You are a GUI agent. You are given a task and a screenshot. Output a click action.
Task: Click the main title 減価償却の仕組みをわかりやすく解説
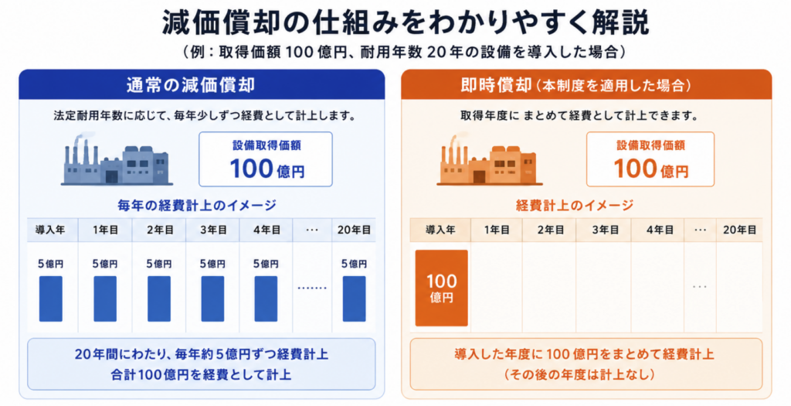(405, 23)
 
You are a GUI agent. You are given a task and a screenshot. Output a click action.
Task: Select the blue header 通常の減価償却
(191, 85)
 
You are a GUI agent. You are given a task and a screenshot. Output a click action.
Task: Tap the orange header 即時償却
(496, 85)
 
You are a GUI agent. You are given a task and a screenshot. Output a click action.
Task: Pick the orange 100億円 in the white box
(650, 169)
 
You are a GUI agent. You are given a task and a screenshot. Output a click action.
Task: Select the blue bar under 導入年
(51, 299)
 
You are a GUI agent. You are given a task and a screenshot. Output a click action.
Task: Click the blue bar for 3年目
(212, 299)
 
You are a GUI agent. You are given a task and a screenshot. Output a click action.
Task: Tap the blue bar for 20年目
(354, 299)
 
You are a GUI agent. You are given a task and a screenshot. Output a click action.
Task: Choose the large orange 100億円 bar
(441, 288)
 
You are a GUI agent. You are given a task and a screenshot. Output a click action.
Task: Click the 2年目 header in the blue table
(159, 230)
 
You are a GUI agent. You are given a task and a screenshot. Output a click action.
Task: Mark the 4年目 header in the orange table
(660, 230)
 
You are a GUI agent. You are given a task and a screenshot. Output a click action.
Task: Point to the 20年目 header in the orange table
(739, 230)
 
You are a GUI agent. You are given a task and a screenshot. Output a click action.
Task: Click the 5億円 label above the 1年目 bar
(105, 264)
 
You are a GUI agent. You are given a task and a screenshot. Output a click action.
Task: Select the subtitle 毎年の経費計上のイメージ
(197, 206)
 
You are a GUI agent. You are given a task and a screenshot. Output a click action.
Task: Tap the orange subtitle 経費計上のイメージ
(575, 206)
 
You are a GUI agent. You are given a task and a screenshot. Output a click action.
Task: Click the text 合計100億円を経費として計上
(201, 375)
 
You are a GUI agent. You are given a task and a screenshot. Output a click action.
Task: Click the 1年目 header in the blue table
(105, 230)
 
